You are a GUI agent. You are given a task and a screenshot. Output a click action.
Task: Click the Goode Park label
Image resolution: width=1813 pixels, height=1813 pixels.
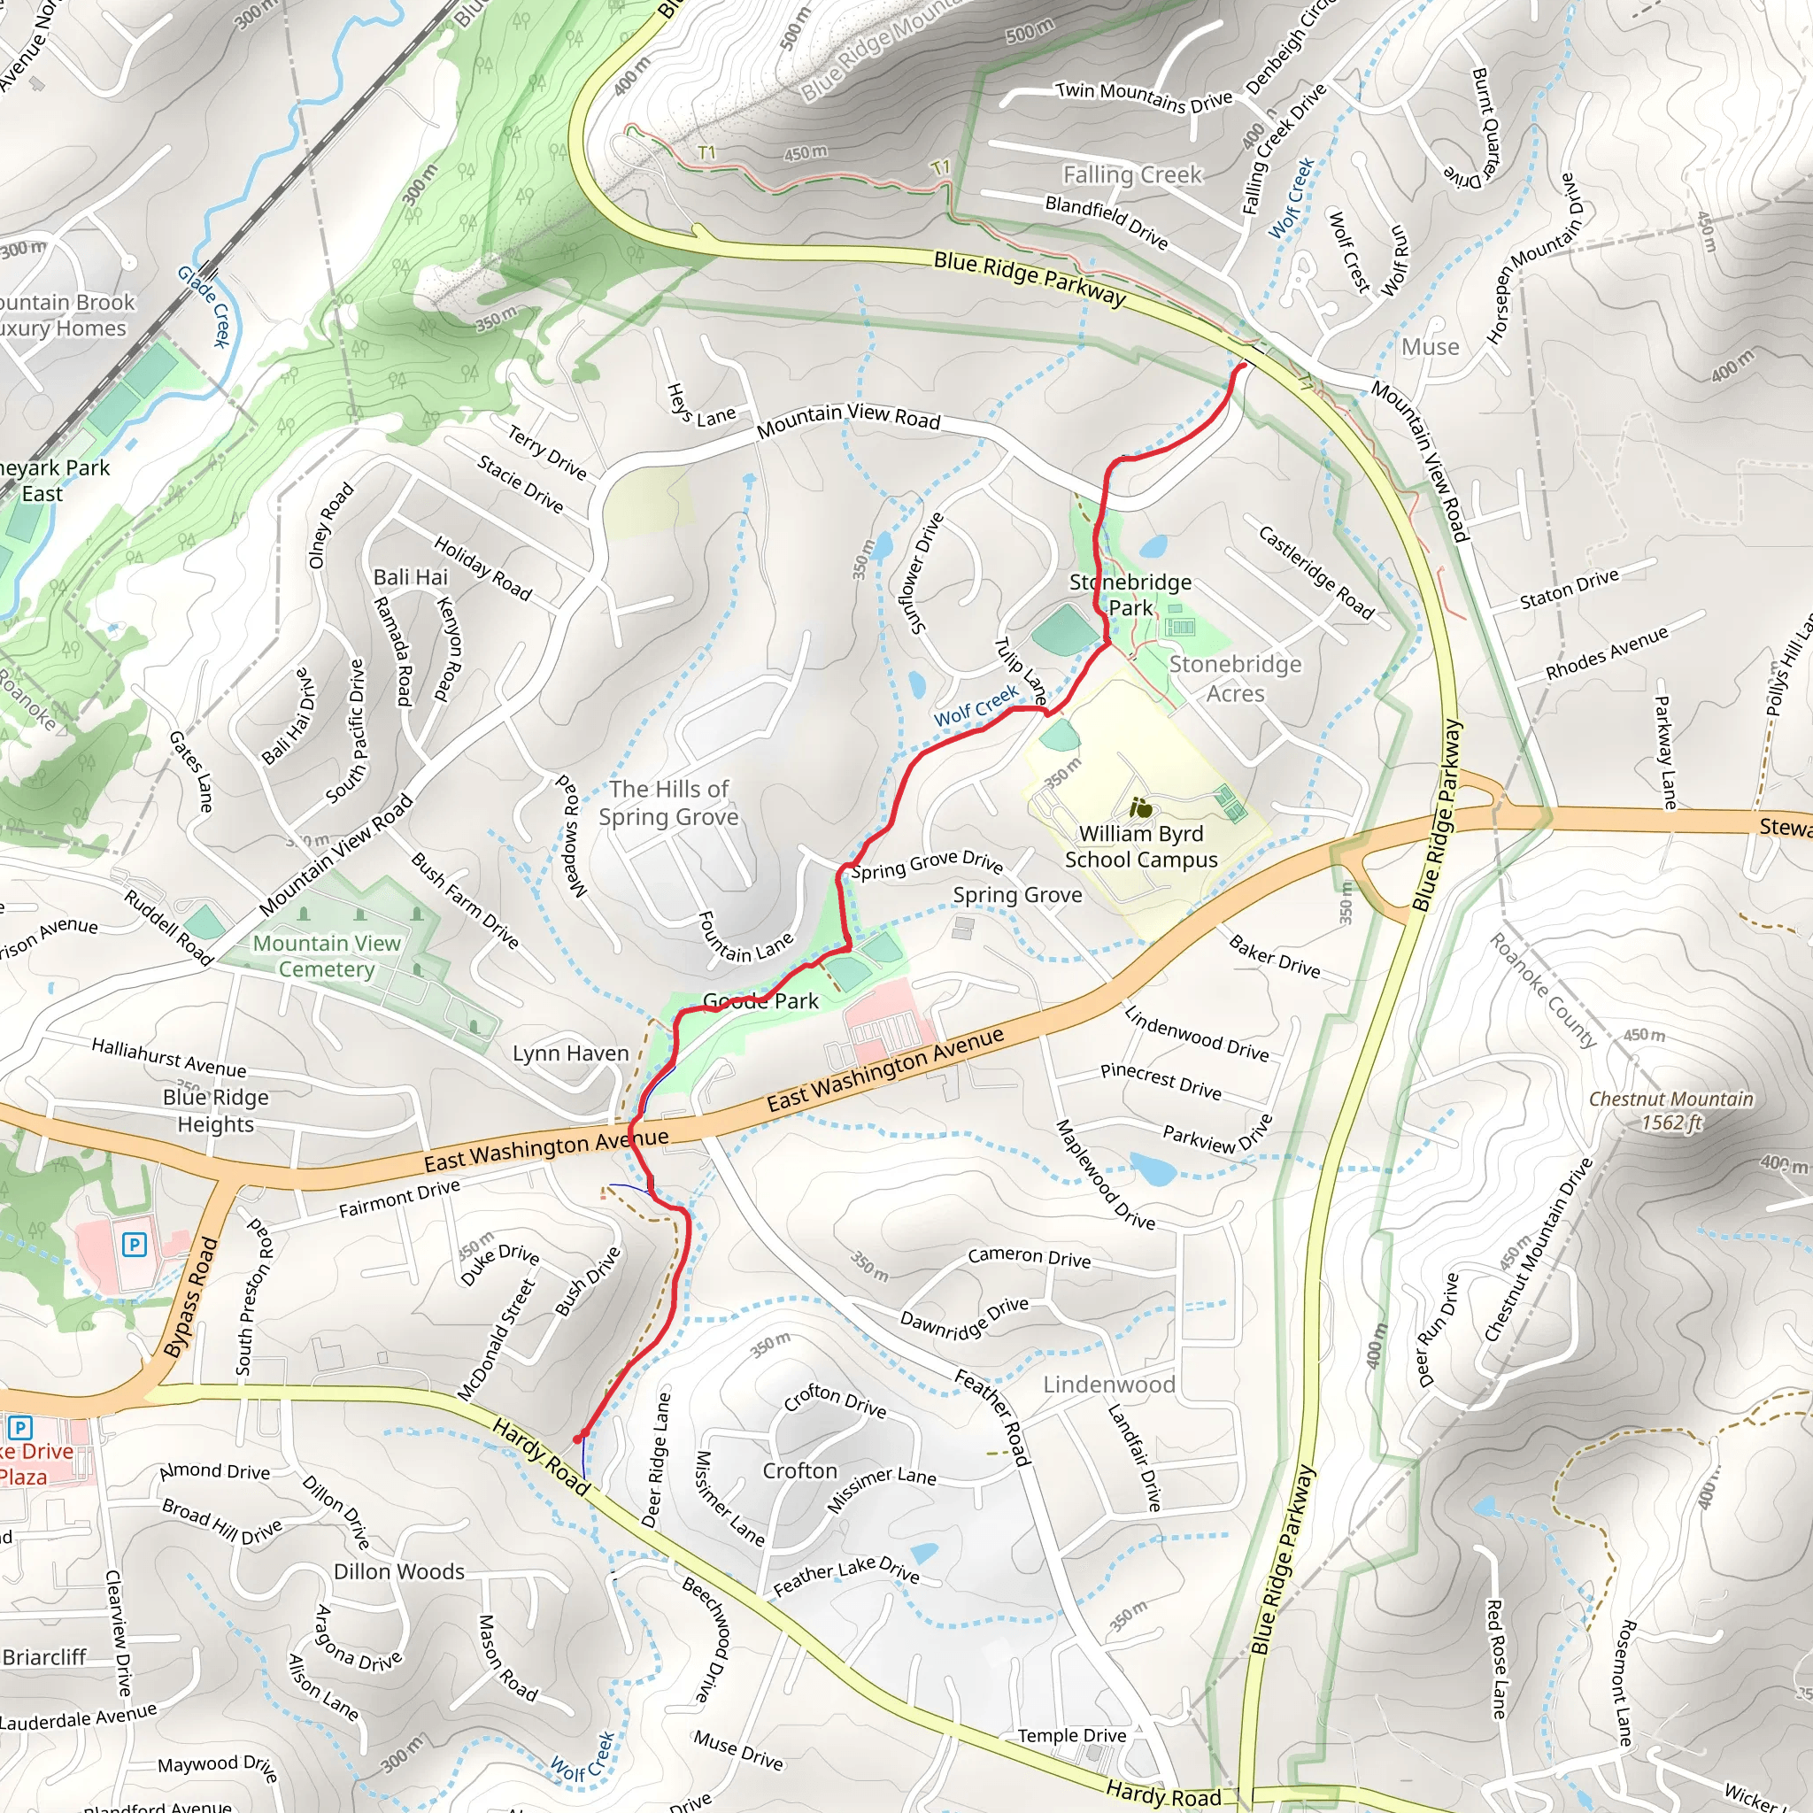coord(760,1001)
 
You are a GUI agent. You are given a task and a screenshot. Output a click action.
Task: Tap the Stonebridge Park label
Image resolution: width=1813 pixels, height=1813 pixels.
coord(1130,595)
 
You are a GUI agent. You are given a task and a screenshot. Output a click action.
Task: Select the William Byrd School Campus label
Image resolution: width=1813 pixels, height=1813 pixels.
coord(1140,846)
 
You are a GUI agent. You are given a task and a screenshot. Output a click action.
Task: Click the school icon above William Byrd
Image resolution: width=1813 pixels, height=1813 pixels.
coord(1140,807)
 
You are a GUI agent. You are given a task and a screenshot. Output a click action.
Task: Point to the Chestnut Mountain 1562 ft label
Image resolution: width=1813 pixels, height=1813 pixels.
coord(1670,1110)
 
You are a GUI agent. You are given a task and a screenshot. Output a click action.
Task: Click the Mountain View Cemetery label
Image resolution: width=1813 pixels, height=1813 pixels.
coord(327,956)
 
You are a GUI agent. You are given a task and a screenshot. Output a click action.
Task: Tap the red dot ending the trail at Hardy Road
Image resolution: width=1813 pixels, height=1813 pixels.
coord(578,1439)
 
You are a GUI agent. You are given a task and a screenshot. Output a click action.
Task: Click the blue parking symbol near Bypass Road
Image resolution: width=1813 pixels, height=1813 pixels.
coord(135,1246)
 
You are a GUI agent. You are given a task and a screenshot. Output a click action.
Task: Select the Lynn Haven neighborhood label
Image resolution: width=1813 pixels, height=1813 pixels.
coord(571,1053)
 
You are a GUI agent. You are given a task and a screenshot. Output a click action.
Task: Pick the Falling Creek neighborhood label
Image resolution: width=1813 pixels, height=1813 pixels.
coord(1131,174)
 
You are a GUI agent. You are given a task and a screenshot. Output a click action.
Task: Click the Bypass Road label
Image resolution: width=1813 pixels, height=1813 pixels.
coord(191,1298)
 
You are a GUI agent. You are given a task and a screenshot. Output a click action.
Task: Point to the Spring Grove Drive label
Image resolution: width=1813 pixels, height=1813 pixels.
coord(926,864)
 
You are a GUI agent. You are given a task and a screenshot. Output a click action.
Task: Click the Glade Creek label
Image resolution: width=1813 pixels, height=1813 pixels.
coord(204,306)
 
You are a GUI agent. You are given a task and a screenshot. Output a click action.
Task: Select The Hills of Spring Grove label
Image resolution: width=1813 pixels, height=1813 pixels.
coord(668,803)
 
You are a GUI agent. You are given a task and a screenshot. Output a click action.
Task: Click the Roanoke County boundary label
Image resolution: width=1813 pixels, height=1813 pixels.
coord(1543,990)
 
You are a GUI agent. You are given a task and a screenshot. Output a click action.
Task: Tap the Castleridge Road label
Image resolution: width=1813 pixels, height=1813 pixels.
coord(1315,574)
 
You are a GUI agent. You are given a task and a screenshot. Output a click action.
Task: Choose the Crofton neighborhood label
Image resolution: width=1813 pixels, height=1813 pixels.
coord(799,1470)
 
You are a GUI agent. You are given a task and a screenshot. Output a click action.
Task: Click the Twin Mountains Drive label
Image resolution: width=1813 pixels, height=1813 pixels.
coord(1143,96)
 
